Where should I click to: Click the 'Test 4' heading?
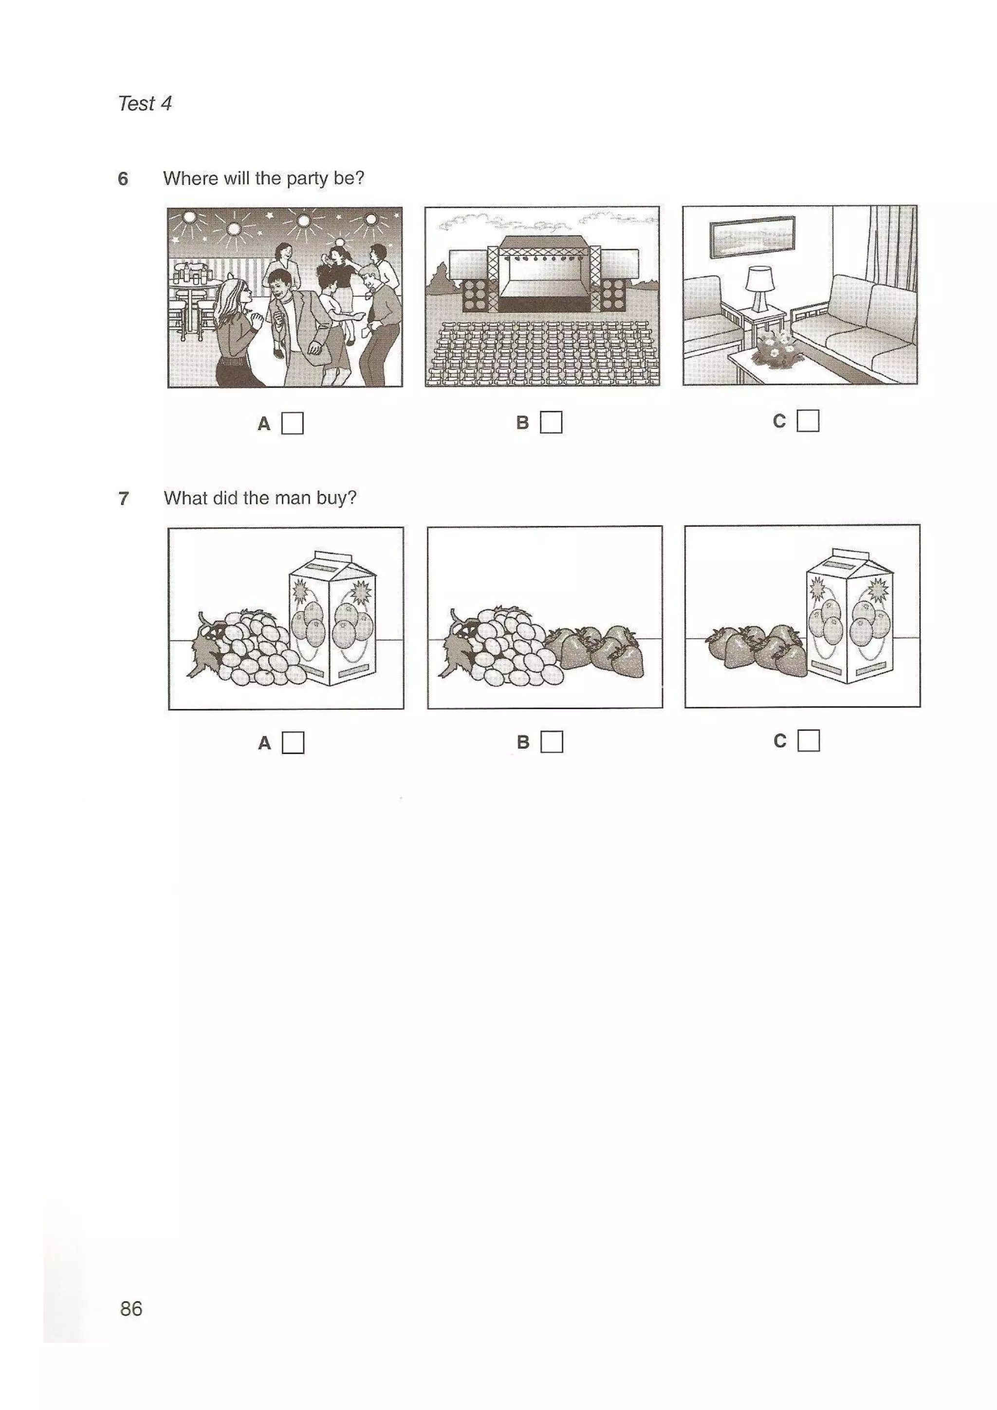point(145,103)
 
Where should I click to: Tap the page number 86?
point(131,1309)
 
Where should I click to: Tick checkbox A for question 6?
point(293,423)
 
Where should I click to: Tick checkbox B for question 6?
point(551,422)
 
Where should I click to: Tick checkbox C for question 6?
point(808,421)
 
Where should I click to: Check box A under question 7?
point(293,742)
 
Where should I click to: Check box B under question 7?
point(552,742)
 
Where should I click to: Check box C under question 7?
point(809,741)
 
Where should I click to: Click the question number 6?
point(123,179)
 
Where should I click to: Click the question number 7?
point(124,498)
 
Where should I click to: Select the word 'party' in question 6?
point(307,179)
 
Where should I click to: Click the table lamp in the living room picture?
point(760,288)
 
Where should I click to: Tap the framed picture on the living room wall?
point(752,236)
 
